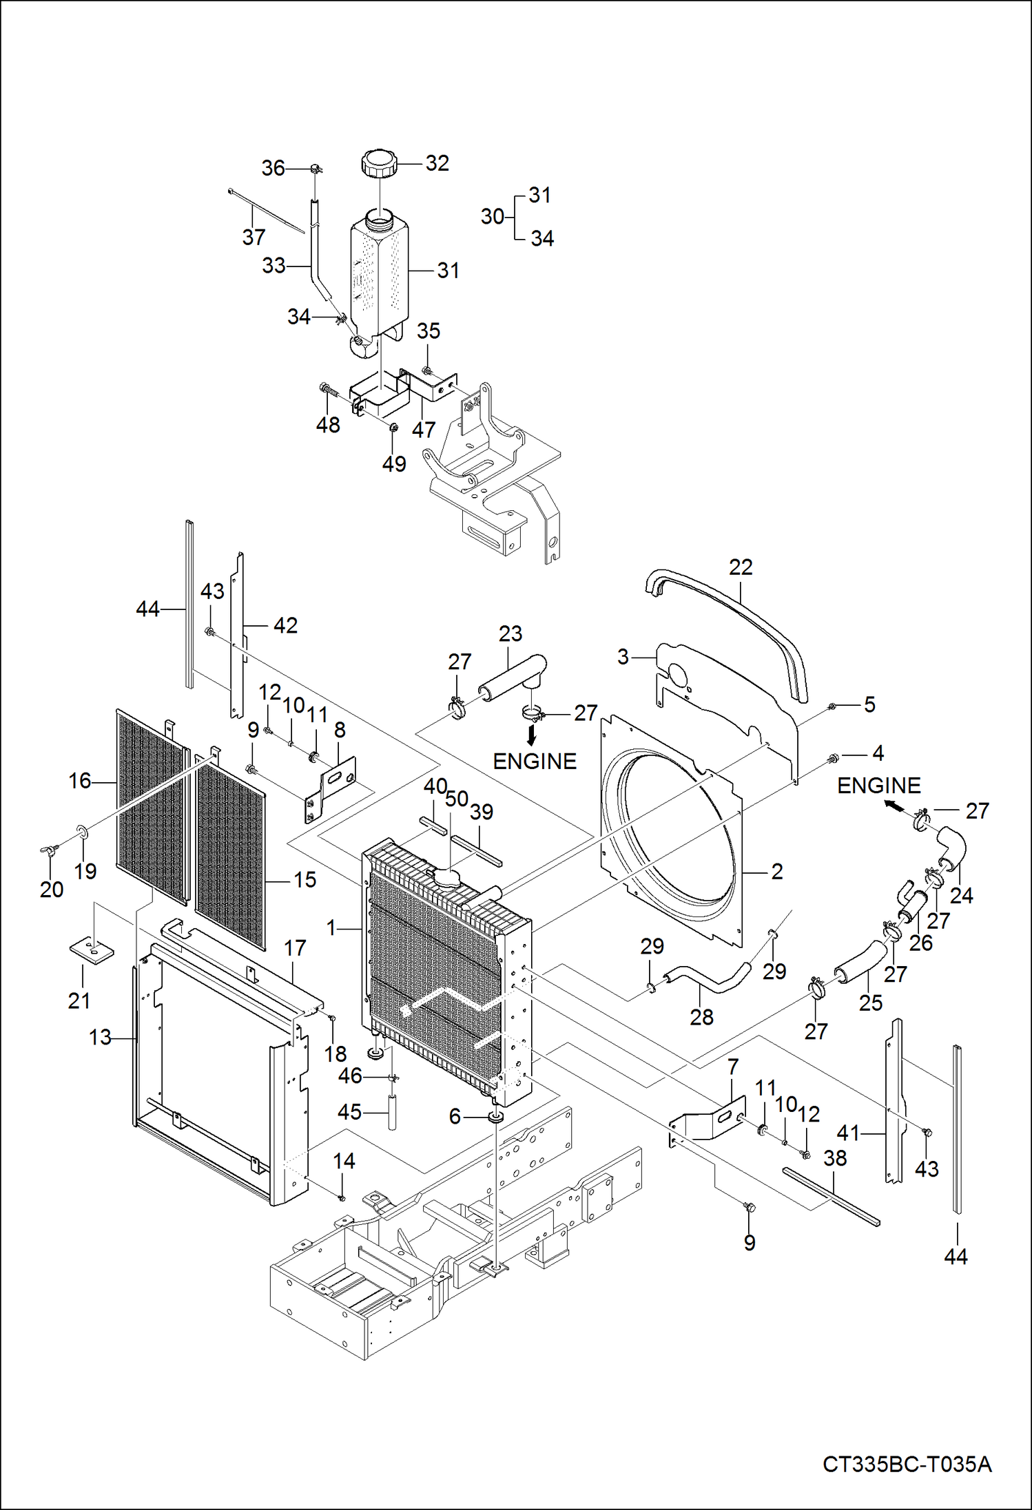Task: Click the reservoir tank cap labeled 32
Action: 378,164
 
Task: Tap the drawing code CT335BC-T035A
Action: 907,1464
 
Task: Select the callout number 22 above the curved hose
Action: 741,567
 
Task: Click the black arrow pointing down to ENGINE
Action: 531,736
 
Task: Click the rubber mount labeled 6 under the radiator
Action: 495,1116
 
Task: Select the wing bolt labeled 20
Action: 48,852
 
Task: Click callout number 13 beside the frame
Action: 100,1037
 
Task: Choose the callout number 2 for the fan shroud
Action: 777,872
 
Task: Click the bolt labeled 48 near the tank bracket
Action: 328,390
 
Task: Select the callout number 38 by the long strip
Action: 835,1158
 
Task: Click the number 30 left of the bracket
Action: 492,217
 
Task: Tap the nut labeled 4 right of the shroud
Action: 832,759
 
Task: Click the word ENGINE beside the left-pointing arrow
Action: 878,786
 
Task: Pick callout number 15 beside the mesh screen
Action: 305,879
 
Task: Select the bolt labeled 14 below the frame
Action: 342,1199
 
